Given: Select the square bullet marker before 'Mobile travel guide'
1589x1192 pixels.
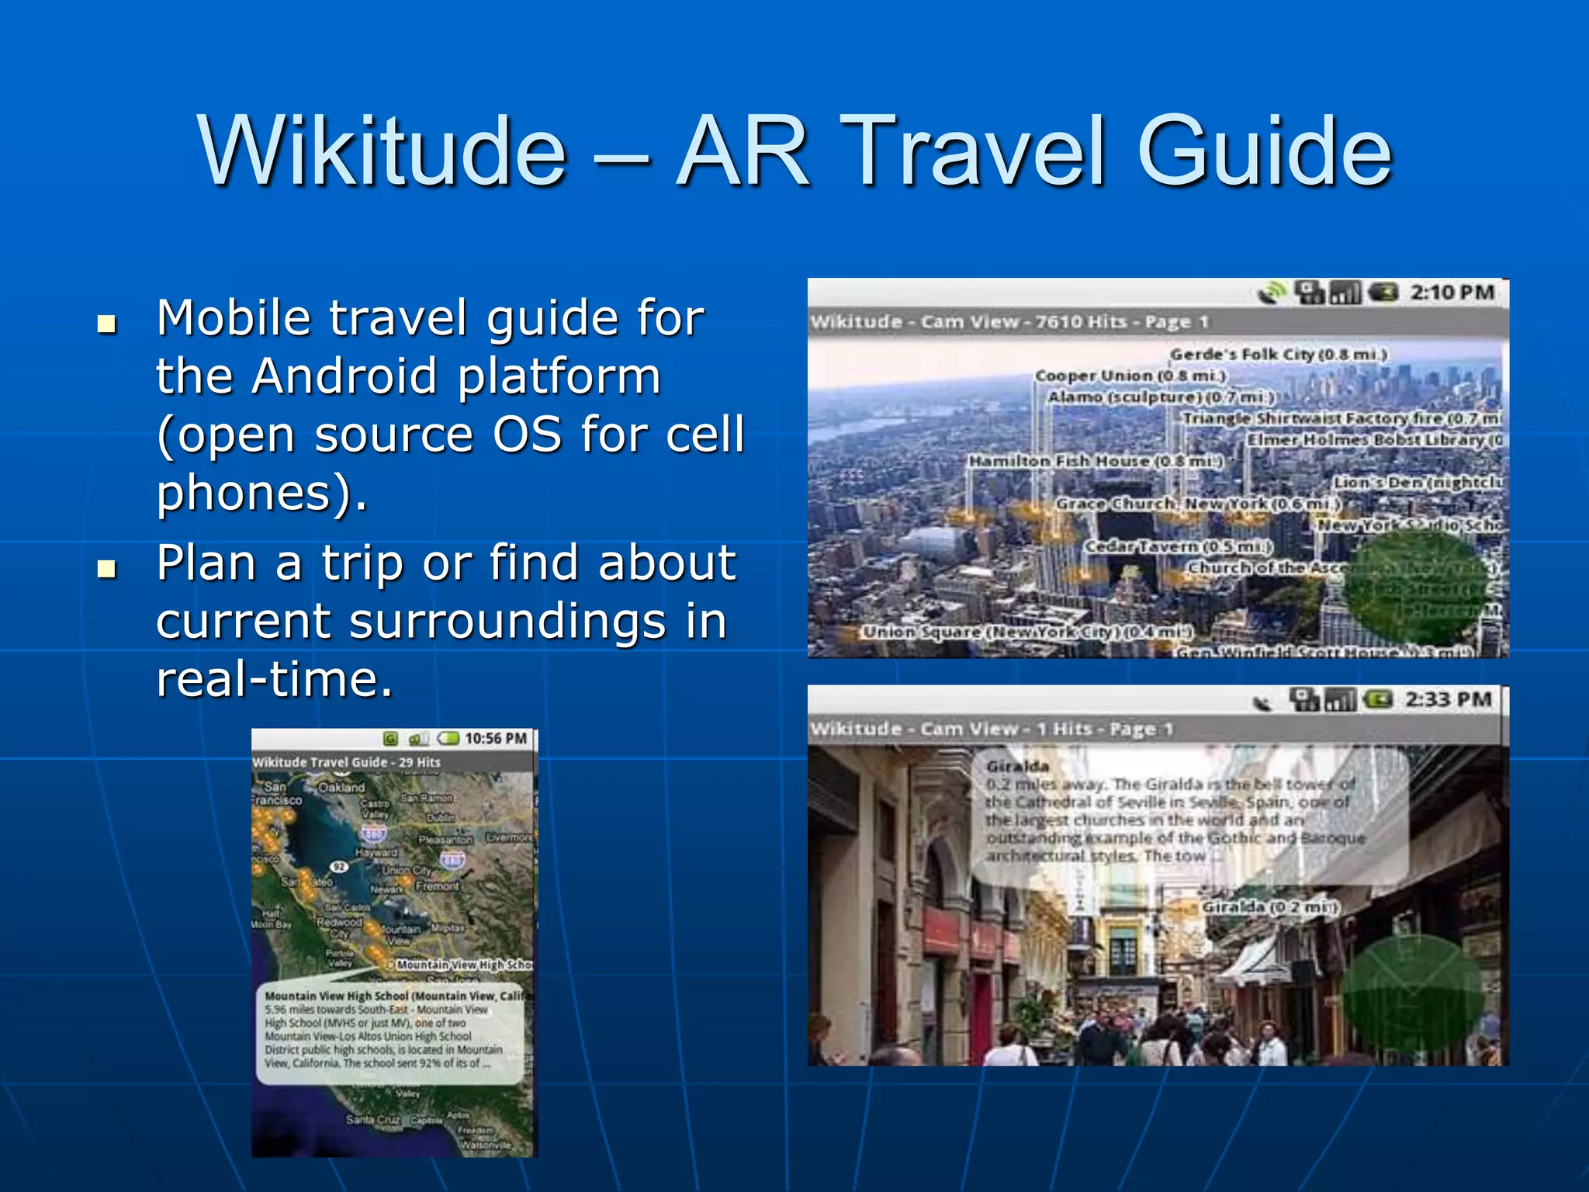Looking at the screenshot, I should coord(107,324).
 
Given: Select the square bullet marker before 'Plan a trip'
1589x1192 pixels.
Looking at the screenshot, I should coord(107,569).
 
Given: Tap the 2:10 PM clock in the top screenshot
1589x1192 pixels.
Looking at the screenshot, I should coord(1452,293).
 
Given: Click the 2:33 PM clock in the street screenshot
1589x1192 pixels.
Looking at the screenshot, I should coord(1448,700).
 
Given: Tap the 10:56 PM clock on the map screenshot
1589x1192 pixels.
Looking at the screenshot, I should coord(496,738).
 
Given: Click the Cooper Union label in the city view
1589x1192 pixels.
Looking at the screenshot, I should coord(1130,376).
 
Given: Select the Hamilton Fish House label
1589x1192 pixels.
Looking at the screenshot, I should coord(1095,461).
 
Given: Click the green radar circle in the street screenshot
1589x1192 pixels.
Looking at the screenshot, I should coord(1412,994).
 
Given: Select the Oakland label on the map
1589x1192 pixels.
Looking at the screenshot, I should coord(341,787).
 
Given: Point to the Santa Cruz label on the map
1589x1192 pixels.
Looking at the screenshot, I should coord(372,1119).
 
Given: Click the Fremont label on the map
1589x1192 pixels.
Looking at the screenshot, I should coord(438,885).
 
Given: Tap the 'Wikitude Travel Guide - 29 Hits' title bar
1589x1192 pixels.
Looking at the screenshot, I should coord(346,762).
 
